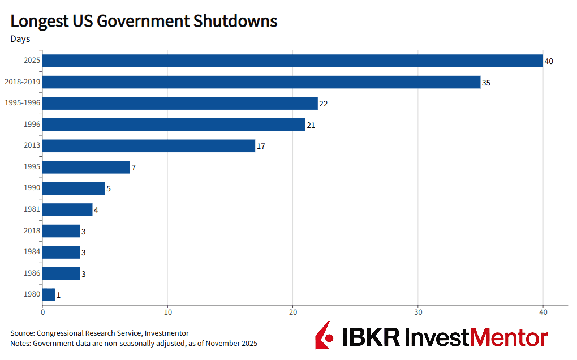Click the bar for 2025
(292, 61)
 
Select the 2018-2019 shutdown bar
(261, 82)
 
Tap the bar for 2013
(149, 146)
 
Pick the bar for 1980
(49, 294)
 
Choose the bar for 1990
(74, 188)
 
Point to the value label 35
(486, 83)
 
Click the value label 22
(324, 104)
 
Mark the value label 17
(261, 146)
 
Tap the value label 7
(134, 168)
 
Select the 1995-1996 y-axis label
(22, 102)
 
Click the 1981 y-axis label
(32, 209)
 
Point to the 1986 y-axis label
(32, 273)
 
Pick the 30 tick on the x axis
(418, 312)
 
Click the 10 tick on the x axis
(168, 312)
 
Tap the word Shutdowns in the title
(235, 21)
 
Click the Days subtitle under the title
(20, 39)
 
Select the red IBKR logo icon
(324, 335)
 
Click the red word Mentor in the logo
(509, 337)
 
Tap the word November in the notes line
(221, 344)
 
